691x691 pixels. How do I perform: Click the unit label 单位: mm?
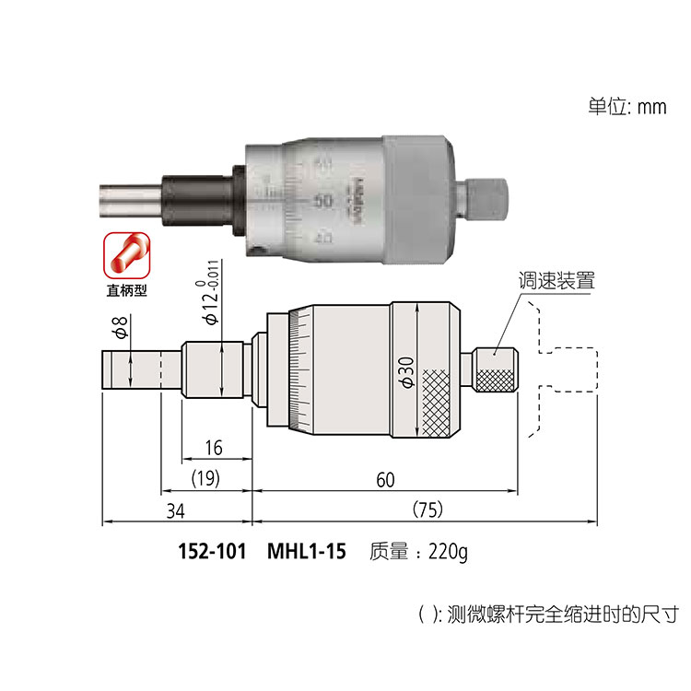[627, 105]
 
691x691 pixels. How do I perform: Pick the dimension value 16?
[213, 449]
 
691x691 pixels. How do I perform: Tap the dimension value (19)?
[206, 479]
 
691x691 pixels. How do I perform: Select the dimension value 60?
[386, 479]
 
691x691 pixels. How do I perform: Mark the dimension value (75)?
[423, 509]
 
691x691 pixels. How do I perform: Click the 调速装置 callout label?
[556, 281]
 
